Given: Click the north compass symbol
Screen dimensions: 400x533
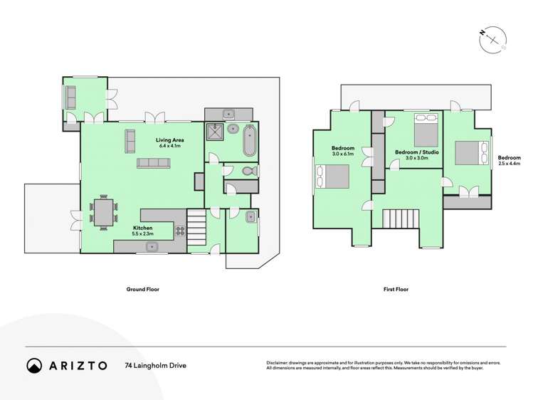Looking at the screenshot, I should pos(492,40).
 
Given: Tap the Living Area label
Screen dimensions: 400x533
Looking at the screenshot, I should pos(169,143).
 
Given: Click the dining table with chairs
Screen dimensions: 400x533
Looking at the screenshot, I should pos(105,211).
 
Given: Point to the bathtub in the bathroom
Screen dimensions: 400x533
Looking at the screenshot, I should pos(249,141).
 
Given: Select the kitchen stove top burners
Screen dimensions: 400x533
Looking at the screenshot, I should pos(180,230).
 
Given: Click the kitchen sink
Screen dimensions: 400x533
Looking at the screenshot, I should pos(152,247).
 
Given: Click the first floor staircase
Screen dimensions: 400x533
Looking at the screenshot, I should pos(403,217).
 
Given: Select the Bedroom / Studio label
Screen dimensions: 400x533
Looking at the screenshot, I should pos(416,152).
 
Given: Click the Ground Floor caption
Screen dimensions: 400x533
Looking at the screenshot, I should pos(143,290).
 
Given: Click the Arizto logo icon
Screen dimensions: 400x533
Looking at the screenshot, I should pos(34,365).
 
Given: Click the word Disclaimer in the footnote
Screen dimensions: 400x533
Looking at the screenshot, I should pos(280,362).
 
